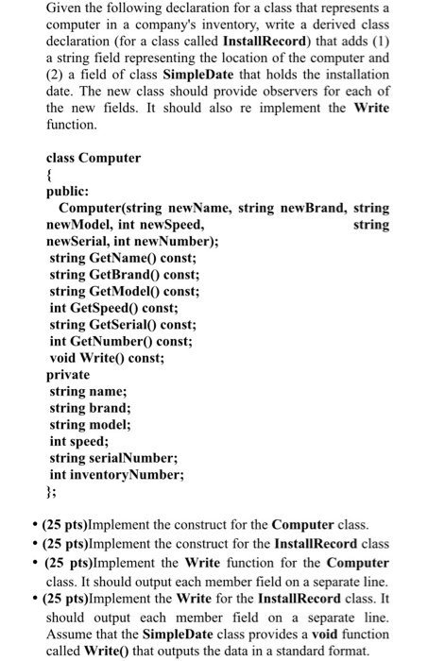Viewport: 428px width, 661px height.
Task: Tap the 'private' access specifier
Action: point(69,375)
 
